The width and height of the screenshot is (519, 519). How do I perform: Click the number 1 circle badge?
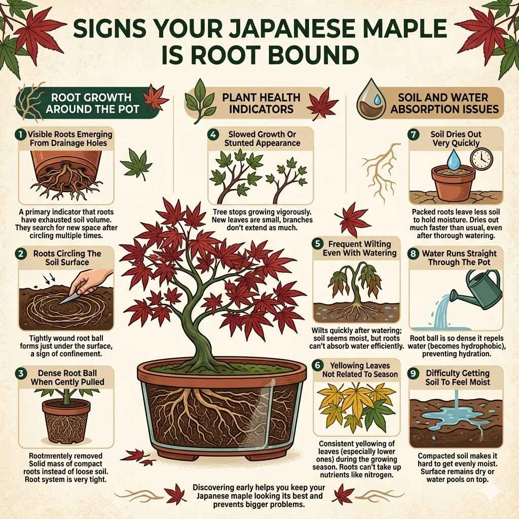pos(20,135)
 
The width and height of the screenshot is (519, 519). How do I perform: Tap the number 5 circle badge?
pos(318,243)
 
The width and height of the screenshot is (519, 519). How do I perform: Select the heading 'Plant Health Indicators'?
pos(261,102)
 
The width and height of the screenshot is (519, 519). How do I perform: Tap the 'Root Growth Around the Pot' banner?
pos(91,102)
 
